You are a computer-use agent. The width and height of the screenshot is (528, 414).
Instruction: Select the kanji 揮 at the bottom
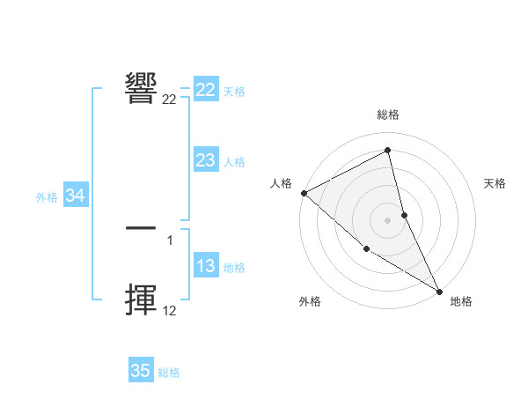[142, 300]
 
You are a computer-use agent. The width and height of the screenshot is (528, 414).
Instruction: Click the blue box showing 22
[206, 90]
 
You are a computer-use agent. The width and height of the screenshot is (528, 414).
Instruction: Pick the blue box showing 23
[206, 160]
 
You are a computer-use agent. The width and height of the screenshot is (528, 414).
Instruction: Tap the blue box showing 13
[206, 267]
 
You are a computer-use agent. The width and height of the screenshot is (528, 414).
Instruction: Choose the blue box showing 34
[76, 196]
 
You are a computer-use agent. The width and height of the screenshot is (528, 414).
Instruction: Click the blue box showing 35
[141, 371]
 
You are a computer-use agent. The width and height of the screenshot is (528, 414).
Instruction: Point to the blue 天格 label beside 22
[234, 91]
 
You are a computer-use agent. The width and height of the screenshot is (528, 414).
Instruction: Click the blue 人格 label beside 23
[234, 162]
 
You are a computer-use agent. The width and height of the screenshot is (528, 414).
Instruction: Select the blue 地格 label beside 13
[234, 268]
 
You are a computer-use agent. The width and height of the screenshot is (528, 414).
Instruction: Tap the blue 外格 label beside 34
[47, 197]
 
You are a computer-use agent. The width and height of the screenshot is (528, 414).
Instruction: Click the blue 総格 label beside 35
[169, 373]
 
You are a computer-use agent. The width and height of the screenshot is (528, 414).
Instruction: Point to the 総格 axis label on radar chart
[387, 115]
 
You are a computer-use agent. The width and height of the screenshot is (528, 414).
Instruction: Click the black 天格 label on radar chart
[495, 183]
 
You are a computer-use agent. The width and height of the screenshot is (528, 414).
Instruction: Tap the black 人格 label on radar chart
[281, 183]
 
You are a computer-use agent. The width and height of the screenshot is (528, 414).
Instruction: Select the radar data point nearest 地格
[439, 291]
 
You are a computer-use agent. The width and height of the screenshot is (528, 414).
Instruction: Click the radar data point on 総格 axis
[387, 150]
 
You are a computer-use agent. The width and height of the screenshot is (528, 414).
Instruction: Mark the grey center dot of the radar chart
[387, 219]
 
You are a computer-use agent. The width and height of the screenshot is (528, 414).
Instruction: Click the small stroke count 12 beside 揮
[170, 310]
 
